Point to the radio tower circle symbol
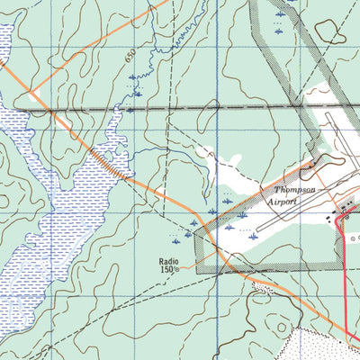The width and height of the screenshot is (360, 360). (x=177, y=269)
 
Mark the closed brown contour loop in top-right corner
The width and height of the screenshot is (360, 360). (x=330, y=31)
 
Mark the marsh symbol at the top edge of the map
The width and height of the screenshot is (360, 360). (x=282, y=15)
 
